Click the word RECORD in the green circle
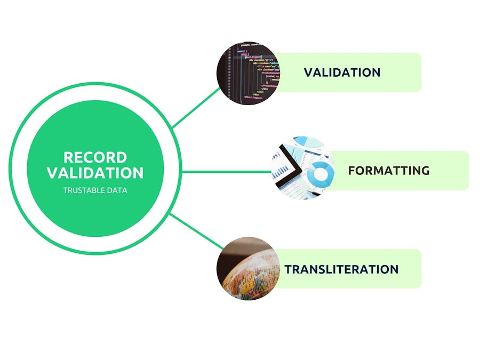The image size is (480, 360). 95,157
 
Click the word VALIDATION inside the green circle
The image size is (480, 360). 95,173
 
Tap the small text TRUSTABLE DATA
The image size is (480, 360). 95,190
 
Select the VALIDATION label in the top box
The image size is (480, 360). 342,73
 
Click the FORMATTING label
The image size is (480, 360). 388,171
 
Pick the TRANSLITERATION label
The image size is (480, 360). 341,269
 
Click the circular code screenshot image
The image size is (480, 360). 247,73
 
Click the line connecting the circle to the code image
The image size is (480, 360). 196,107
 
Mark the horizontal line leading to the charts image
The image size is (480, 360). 227,172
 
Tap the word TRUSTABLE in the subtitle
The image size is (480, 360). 83,190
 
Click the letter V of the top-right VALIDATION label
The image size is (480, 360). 308,73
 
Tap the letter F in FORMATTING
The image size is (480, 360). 352,171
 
